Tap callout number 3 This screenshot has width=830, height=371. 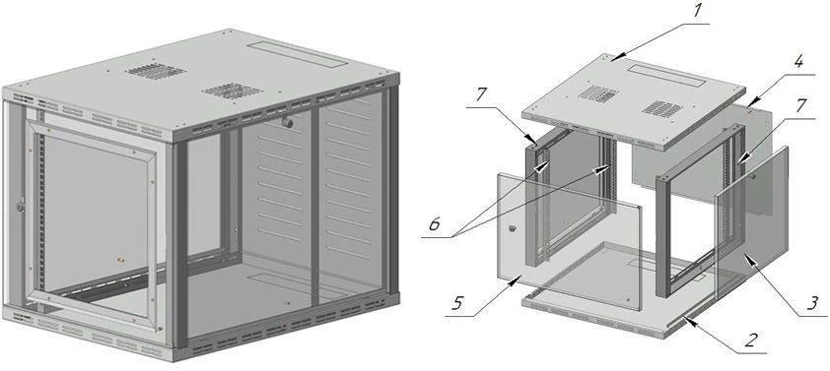coord(811,303)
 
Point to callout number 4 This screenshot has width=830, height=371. coord(797,63)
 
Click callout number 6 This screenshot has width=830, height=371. coord(434,225)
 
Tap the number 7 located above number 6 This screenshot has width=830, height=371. coord(481,95)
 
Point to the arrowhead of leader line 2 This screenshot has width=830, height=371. coord(685,319)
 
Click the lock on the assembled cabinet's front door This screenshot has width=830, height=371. coord(21,207)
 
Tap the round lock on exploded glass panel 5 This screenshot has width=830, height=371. coord(512,229)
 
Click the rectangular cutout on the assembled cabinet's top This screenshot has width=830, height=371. coord(298,53)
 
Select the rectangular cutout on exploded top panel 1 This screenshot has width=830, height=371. coord(667,75)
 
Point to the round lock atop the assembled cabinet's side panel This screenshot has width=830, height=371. coord(288,123)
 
